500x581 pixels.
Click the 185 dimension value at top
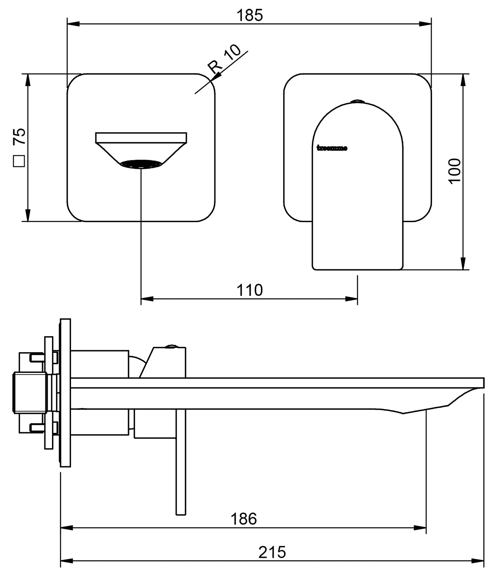[x=249, y=16]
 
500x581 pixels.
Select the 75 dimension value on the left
[x=19, y=136]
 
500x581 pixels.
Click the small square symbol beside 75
[x=19, y=161]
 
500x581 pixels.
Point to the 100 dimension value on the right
[x=454, y=171]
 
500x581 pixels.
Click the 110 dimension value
[x=249, y=290]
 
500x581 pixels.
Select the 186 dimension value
[x=244, y=519]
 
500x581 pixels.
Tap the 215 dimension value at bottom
[x=272, y=552]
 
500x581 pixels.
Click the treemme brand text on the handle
[x=332, y=148]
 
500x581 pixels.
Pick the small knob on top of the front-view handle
[x=357, y=102]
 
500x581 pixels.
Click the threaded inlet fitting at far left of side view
[x=30, y=392]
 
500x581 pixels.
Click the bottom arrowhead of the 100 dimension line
[x=463, y=264]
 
